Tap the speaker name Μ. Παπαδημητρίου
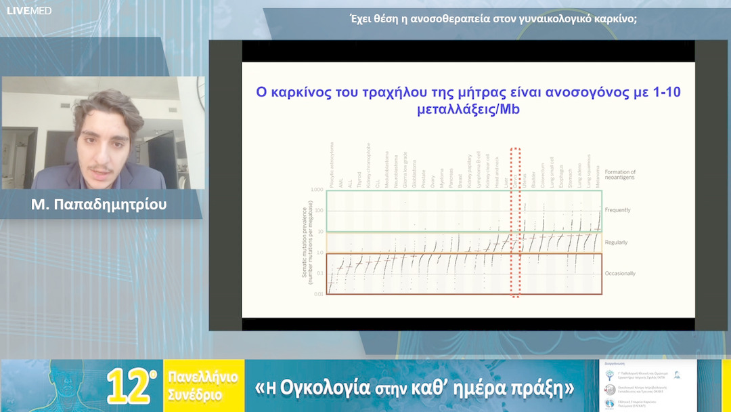pyautogui.click(x=97, y=204)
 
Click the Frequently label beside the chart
pyautogui.click(x=617, y=210)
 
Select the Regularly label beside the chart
pyautogui.click(x=616, y=243)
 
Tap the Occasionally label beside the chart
pyautogui.click(x=619, y=273)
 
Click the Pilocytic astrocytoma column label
pyautogui.click(x=332, y=163)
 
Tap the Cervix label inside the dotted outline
pyautogui.click(x=515, y=180)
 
